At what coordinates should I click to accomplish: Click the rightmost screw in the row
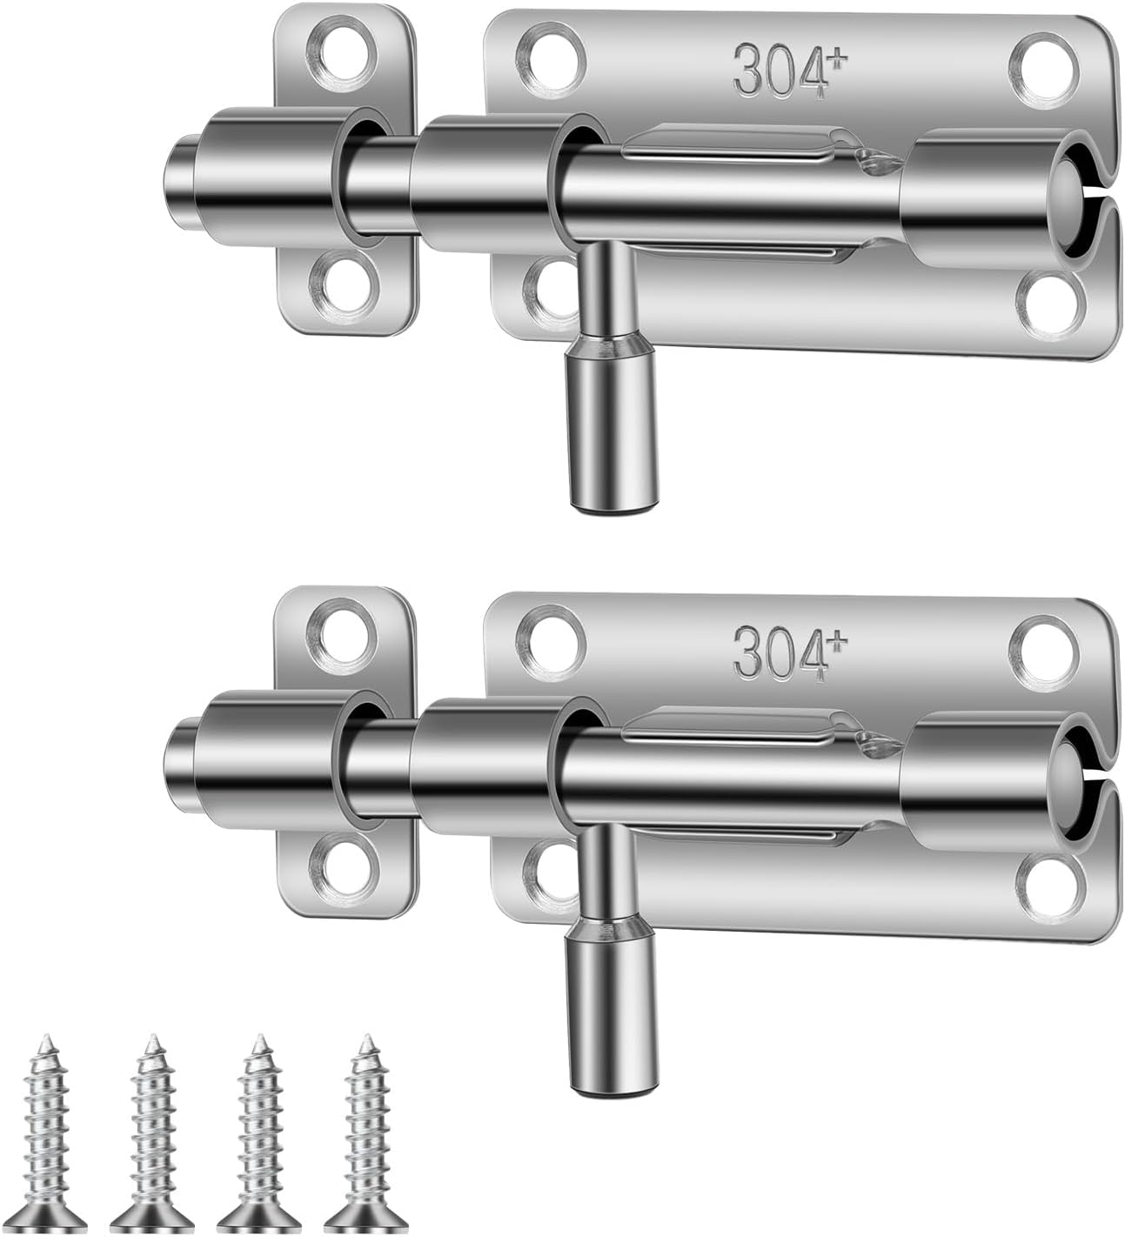point(364,1131)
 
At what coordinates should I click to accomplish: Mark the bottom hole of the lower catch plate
point(342,866)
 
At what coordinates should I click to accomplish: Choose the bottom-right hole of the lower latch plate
point(1049,887)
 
